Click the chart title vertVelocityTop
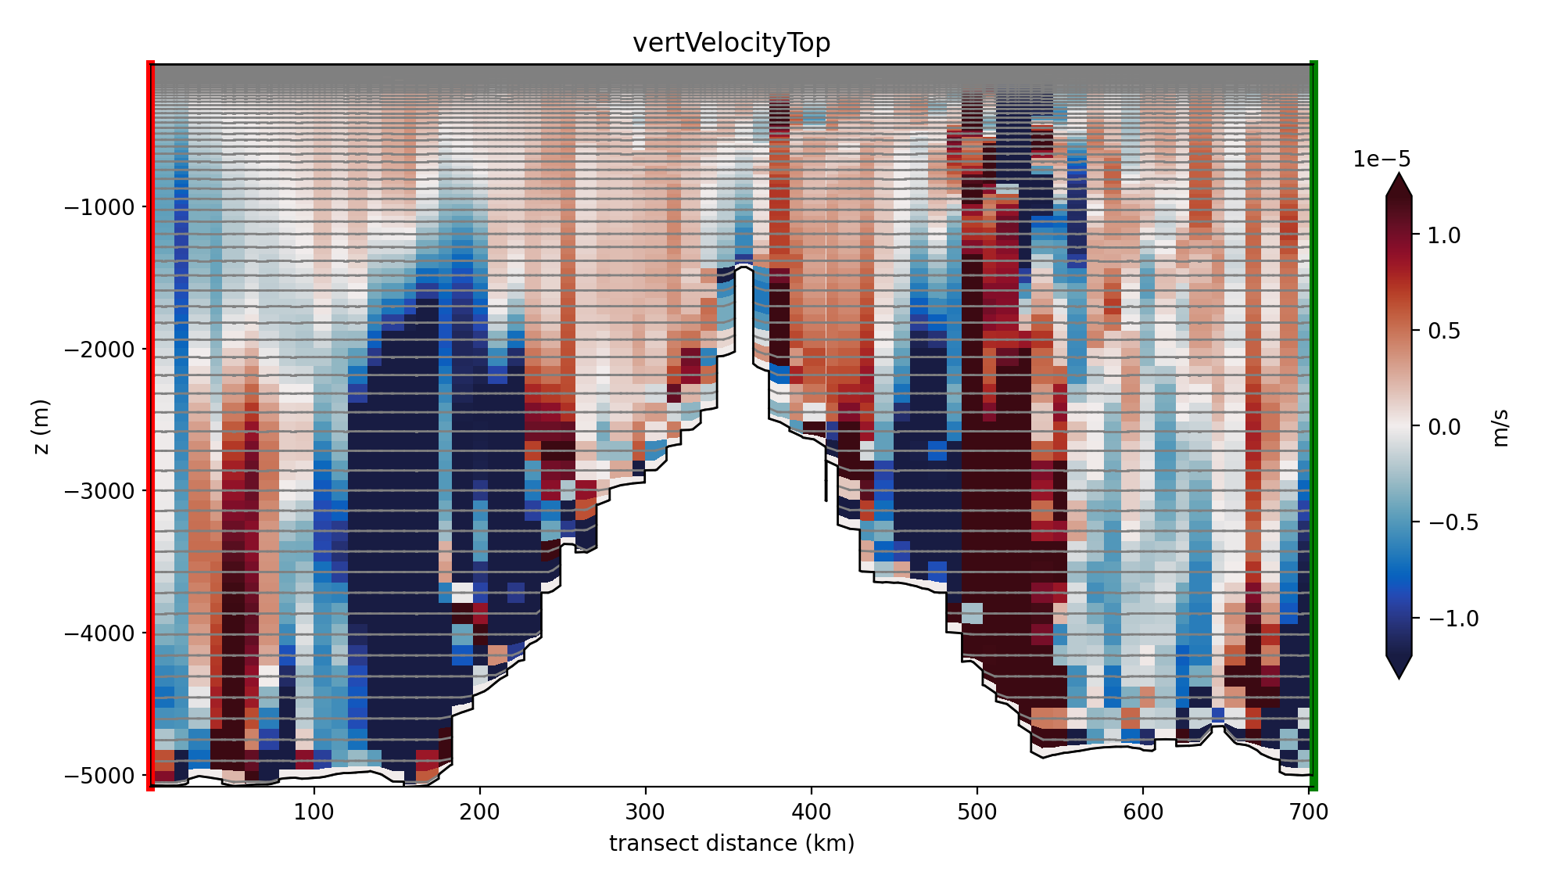tap(731, 42)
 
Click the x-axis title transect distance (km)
tap(731, 843)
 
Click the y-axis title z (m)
tap(41, 426)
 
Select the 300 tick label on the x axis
tap(645, 812)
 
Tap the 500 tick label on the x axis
tap(977, 812)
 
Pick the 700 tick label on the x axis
tap(1309, 812)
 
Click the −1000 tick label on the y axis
tap(99, 207)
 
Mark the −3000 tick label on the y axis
tap(99, 491)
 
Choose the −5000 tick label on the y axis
tap(99, 775)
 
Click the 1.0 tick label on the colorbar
tap(1443, 235)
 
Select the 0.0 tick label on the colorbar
tap(1443, 426)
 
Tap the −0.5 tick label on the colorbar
tap(1453, 522)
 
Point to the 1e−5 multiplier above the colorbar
tap(1382, 159)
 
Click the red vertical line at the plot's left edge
tap(151, 426)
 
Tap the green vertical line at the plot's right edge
tap(1313, 426)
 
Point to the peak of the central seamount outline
tap(744, 267)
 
